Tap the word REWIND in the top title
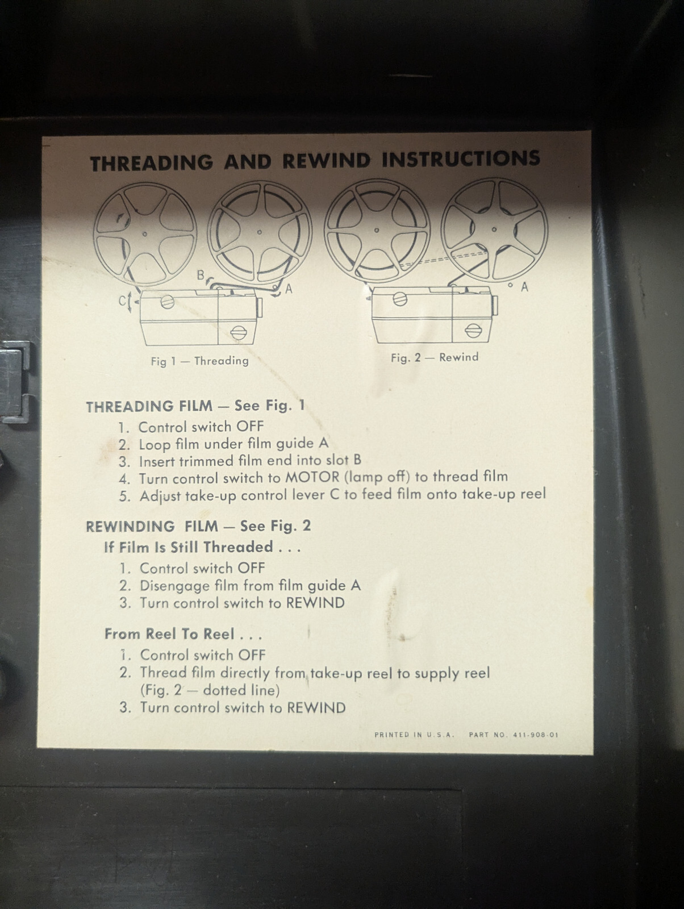(x=326, y=161)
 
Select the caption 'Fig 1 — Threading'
(x=199, y=361)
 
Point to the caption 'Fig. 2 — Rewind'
(x=435, y=357)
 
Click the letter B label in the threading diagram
(x=201, y=275)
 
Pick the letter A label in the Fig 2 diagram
(x=524, y=286)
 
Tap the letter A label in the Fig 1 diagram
(x=289, y=289)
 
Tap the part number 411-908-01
(x=536, y=735)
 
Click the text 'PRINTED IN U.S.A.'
(x=415, y=735)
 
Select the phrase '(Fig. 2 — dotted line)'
(x=210, y=690)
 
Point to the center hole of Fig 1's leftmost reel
(x=144, y=234)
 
